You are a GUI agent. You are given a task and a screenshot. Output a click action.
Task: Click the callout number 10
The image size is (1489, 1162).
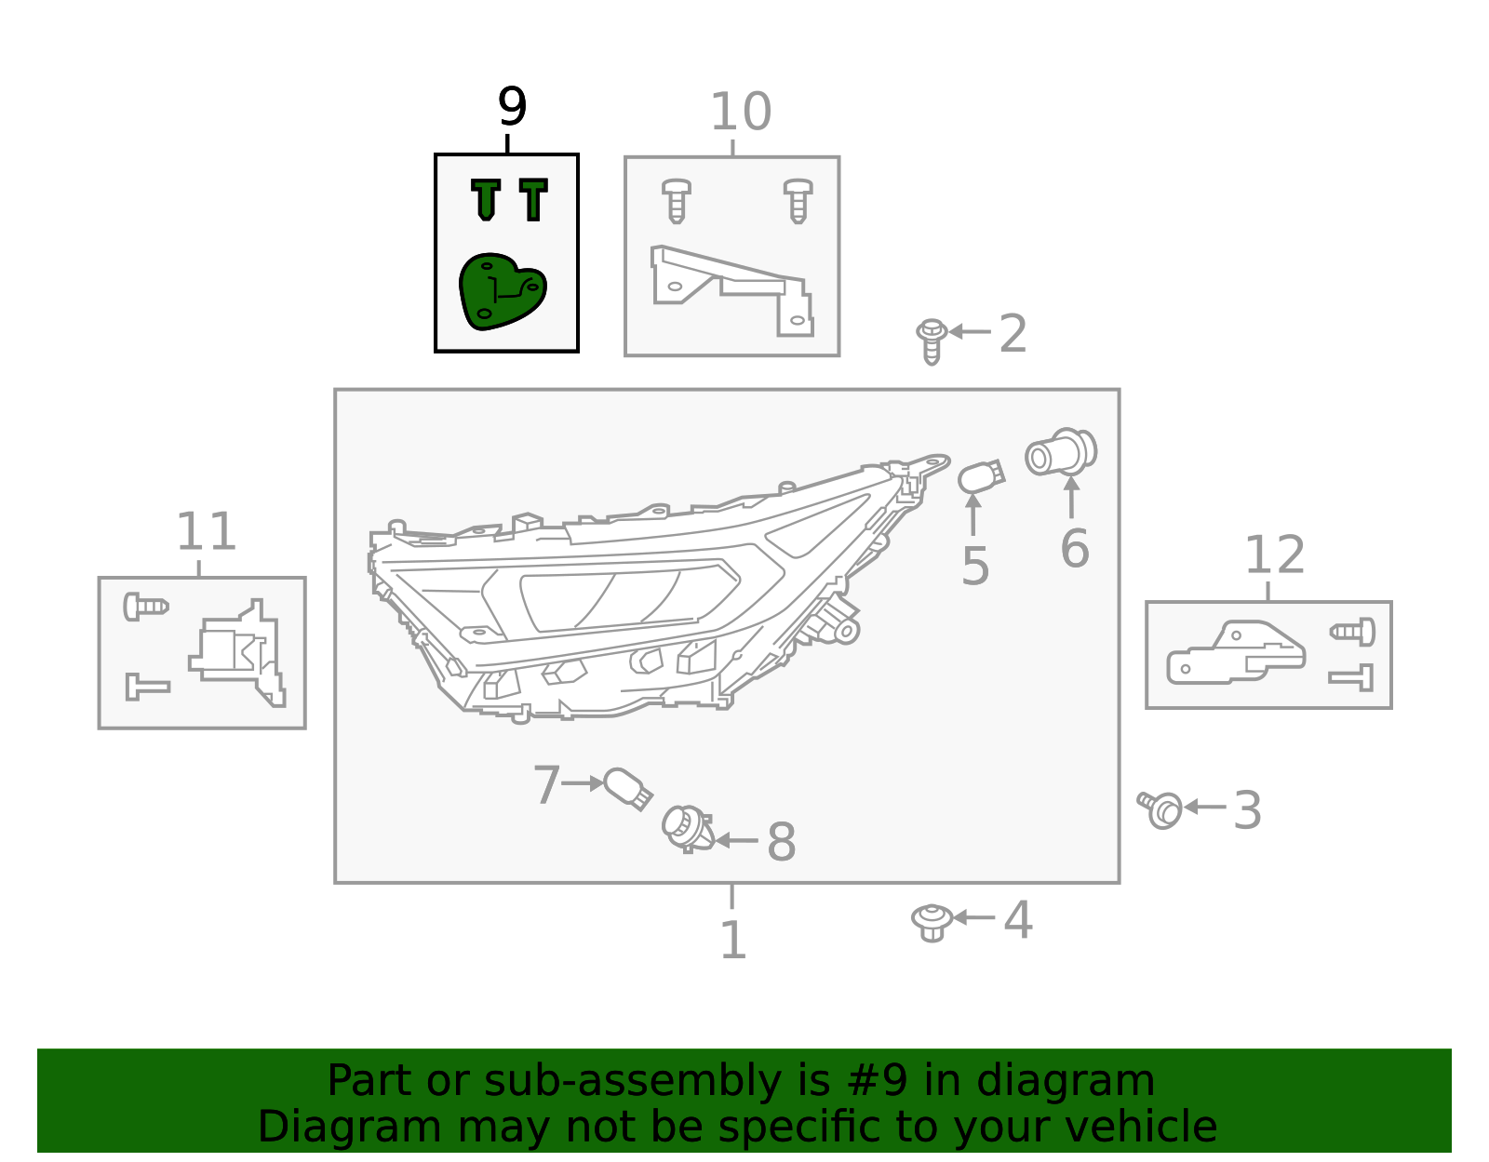click(x=740, y=113)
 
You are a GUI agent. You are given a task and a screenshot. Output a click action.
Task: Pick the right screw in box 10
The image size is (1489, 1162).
click(x=798, y=200)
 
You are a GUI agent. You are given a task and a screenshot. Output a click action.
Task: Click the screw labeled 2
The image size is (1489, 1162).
click(x=931, y=340)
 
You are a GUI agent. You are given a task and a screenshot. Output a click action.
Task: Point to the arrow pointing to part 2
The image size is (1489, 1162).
click(x=970, y=331)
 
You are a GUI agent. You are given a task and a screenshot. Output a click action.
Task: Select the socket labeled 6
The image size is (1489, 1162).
click(x=1061, y=452)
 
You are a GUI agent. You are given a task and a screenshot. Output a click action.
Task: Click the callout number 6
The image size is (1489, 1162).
click(x=1075, y=549)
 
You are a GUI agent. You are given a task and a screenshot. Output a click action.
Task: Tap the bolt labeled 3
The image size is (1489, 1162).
click(x=1160, y=808)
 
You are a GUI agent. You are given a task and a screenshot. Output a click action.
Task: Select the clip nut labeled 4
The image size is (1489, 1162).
click(x=931, y=921)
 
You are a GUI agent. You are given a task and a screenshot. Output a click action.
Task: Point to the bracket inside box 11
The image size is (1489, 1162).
click(x=238, y=651)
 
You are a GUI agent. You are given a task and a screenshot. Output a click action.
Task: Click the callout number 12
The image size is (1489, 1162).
click(x=1274, y=555)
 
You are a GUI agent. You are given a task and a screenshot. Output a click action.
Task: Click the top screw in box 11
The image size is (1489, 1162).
click(x=145, y=607)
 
